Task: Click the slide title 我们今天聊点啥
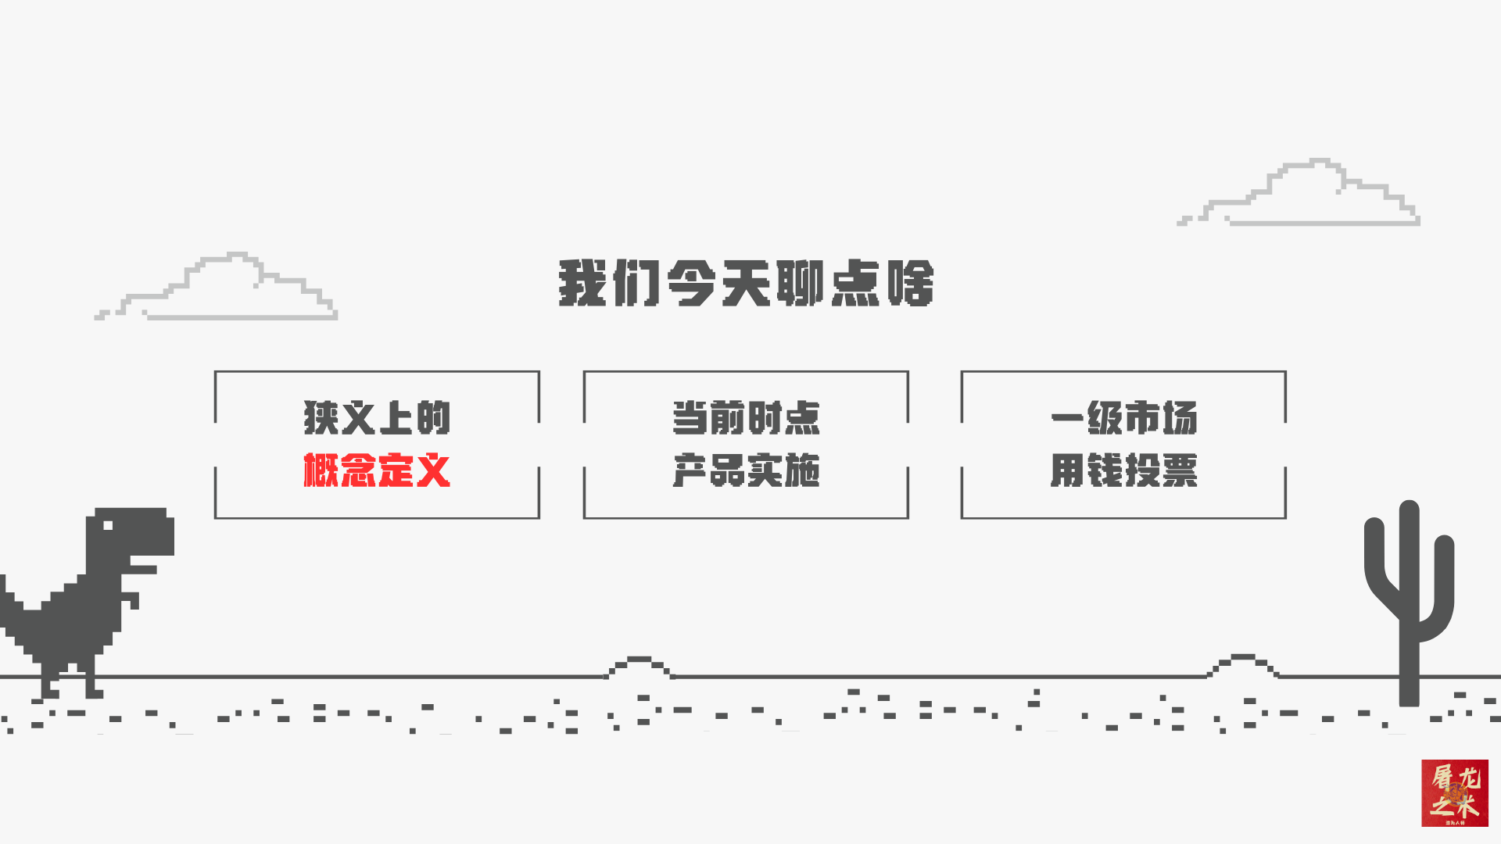click(746, 283)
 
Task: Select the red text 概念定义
click(377, 470)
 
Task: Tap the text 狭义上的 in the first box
click(377, 417)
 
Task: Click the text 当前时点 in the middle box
click(746, 417)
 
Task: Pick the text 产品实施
click(746, 470)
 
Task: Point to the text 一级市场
click(1123, 417)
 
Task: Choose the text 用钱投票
click(1123, 470)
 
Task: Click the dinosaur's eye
click(107, 525)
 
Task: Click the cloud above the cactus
click(1306, 195)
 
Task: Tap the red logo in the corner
click(1454, 792)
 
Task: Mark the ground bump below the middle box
click(639, 665)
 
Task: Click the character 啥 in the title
click(911, 283)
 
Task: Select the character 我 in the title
click(582, 283)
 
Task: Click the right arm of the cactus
click(1443, 578)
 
